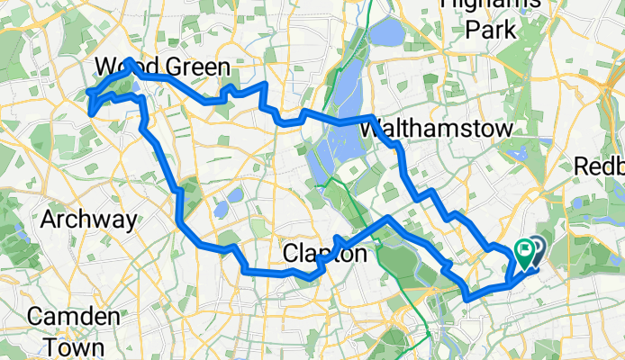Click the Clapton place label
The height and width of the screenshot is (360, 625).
pos(325,255)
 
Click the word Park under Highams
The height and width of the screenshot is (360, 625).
pos(490,30)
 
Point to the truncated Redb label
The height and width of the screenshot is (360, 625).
pos(600,166)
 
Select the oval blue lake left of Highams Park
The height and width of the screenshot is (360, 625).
pos(387,35)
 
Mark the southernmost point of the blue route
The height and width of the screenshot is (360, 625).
pos(466,297)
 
